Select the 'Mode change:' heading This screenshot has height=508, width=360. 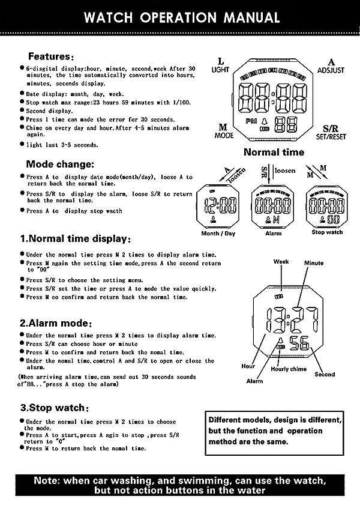tap(60, 164)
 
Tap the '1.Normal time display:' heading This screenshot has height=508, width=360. tap(76, 239)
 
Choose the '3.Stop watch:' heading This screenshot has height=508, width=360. tap(53, 408)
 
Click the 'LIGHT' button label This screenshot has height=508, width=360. tap(220, 70)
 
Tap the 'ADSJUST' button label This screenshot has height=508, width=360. tap(331, 70)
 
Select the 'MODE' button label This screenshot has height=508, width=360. tap(224, 136)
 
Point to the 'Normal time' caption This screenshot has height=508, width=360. tap(274, 152)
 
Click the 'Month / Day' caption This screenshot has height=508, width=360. tap(218, 233)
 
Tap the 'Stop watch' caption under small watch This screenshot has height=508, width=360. tap(327, 232)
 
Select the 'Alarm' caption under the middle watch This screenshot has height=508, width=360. tap(273, 234)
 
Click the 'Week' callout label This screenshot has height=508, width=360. tap(281, 262)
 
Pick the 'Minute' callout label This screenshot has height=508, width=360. tap(313, 263)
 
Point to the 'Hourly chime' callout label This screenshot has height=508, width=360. tap(289, 369)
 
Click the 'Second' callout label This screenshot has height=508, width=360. tap(325, 374)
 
